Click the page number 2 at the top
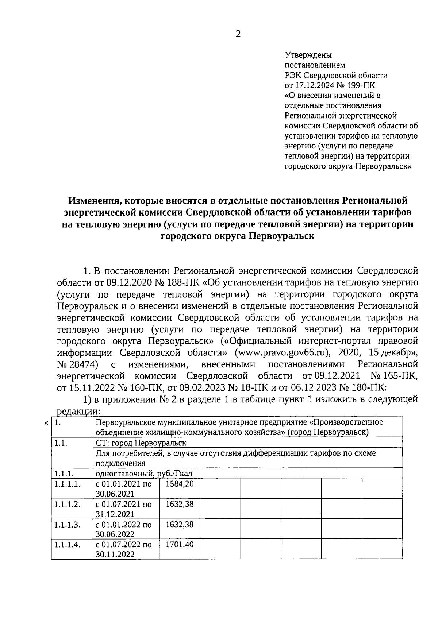coord(238,34)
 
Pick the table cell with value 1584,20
coord(179,484)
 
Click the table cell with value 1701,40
coord(179,545)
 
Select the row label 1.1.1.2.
coord(67,505)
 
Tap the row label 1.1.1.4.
coord(67,545)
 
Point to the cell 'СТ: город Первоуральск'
coord(141,443)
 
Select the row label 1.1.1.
coord(64,474)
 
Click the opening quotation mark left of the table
coord(46,423)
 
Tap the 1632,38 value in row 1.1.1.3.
coord(179,525)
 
